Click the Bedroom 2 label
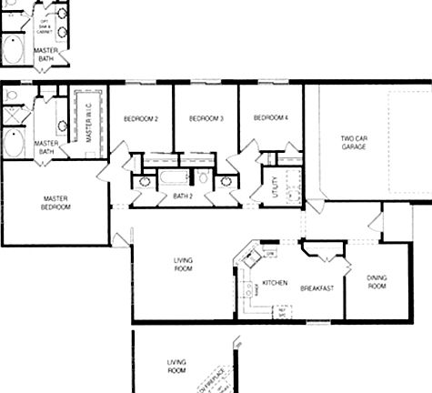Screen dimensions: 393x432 [x=141, y=119]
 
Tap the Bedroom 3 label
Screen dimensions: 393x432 [x=206, y=119]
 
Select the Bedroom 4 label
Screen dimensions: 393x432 [x=270, y=118]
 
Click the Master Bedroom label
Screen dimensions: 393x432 [x=55, y=202]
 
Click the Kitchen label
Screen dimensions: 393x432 [x=275, y=283]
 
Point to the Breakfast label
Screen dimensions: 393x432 [x=317, y=288]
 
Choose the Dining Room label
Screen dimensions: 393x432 [x=377, y=282]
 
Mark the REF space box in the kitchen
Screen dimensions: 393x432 [x=283, y=311]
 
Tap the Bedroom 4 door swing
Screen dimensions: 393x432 [x=246, y=153]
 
